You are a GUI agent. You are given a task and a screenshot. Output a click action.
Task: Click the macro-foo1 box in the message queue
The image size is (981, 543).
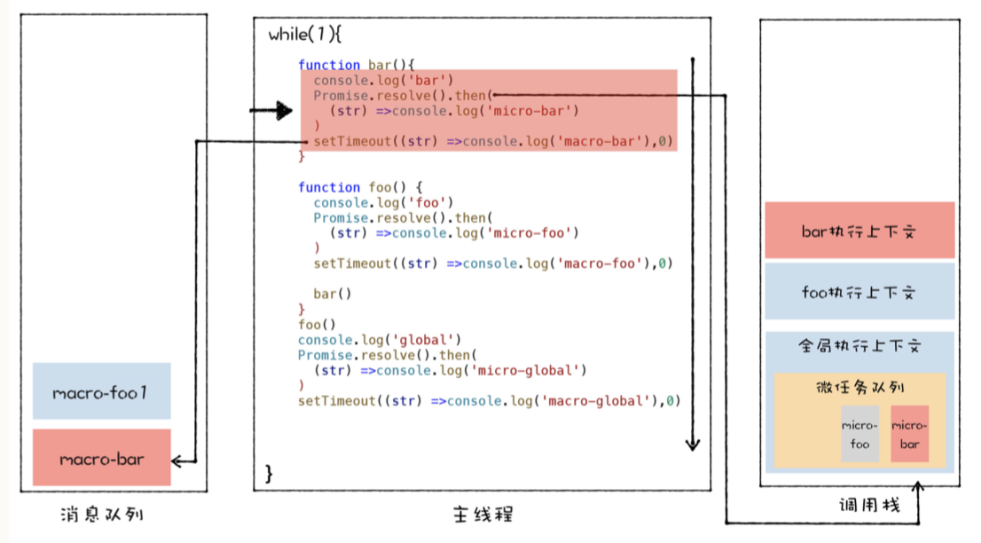tap(101, 391)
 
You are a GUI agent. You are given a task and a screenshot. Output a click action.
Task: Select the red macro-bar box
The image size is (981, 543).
tap(101, 459)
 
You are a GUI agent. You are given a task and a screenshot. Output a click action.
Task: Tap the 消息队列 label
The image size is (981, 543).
tap(102, 514)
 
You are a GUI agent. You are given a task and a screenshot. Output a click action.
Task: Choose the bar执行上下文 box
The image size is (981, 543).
tap(859, 231)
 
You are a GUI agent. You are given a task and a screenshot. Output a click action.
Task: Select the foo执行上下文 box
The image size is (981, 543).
tap(859, 291)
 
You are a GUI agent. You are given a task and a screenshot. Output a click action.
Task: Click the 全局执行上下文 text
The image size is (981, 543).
tap(859, 346)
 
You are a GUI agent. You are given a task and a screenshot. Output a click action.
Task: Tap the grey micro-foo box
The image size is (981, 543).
tap(859, 435)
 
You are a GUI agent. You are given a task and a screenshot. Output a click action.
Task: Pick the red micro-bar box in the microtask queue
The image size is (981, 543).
tap(909, 435)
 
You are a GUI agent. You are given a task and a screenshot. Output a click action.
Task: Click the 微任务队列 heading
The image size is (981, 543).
tap(859, 387)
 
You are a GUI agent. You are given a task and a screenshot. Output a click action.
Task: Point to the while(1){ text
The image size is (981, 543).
tap(304, 35)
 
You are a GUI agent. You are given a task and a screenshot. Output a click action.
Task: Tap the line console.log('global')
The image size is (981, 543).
tap(380, 340)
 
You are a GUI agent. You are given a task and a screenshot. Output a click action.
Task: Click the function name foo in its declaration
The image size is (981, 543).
tap(378, 187)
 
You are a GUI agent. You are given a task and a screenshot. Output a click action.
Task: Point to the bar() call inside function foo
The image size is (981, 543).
tap(332, 294)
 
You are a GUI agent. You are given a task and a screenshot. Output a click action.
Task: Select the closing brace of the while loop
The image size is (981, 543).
tap(270, 473)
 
